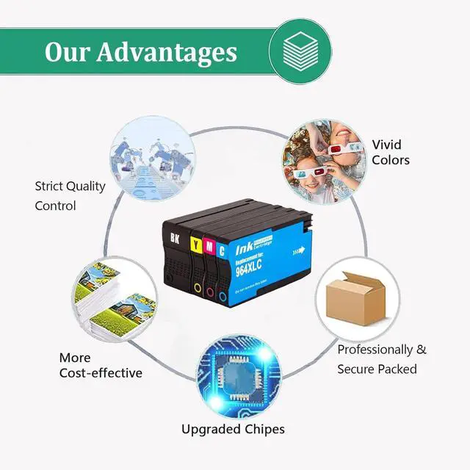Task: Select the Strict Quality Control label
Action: pyautogui.click(x=70, y=195)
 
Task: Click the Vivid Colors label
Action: pyautogui.click(x=390, y=151)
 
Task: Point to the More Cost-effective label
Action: pyautogui.click(x=100, y=365)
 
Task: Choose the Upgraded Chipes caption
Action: pyautogui.click(x=233, y=429)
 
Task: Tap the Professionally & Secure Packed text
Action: pyautogui.click(x=381, y=359)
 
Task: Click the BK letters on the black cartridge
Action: pyautogui.click(x=174, y=239)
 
